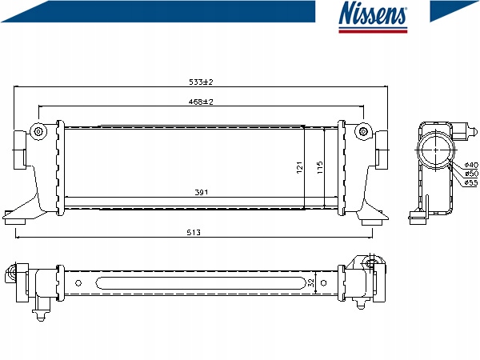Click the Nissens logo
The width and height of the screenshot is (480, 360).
pyautogui.click(x=373, y=17)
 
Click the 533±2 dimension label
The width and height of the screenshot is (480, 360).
pyautogui.click(x=201, y=82)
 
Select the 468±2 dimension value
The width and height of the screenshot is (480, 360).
pyautogui.click(x=201, y=102)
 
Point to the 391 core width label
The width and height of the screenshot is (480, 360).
pyautogui.click(x=202, y=192)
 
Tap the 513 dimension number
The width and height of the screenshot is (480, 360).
pyautogui.click(x=194, y=233)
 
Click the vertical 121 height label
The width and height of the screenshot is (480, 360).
pyautogui.click(x=300, y=167)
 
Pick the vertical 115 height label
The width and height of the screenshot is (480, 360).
pyautogui.click(x=320, y=167)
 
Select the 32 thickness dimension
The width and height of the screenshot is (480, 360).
pyautogui.click(x=311, y=282)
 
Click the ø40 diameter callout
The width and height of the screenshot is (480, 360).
pyautogui.click(x=471, y=165)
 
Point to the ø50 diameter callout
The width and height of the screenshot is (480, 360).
pyautogui.click(x=471, y=174)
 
